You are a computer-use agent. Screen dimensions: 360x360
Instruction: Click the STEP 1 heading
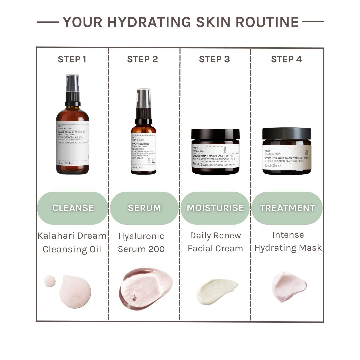[x=72, y=59]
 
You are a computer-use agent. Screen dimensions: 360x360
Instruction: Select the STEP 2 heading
[x=142, y=59]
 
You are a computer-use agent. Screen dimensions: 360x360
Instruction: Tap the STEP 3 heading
[x=214, y=59]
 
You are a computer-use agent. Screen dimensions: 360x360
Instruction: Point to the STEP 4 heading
[x=286, y=59]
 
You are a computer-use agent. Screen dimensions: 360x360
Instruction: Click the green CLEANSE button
[x=73, y=208]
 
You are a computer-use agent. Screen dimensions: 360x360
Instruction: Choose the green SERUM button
[x=144, y=208]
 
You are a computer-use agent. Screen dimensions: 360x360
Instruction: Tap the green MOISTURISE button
[x=215, y=208]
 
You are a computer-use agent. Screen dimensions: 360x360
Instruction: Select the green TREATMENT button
[x=287, y=208]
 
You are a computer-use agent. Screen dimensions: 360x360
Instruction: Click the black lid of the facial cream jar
[x=215, y=134]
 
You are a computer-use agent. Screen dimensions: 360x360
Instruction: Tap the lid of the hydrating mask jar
[x=287, y=133]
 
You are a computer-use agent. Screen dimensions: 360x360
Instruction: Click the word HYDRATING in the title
[x=149, y=22]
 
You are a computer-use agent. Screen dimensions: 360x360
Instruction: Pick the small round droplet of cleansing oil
[x=50, y=281]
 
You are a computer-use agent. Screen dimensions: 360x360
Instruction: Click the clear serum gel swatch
[x=146, y=288]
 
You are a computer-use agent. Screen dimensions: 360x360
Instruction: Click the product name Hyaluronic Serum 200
[x=141, y=242]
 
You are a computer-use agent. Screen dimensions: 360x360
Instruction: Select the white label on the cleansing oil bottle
[x=72, y=143]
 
